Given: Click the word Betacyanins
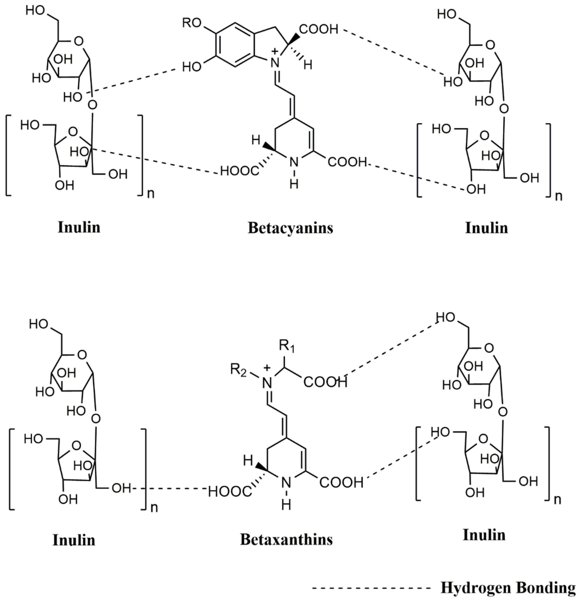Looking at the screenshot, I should click(290, 228).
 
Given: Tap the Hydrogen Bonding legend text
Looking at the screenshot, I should click(508, 587).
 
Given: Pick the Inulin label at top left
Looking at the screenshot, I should click(79, 227).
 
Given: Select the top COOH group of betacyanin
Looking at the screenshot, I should click(319, 29).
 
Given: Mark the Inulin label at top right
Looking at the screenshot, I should click(486, 228).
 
